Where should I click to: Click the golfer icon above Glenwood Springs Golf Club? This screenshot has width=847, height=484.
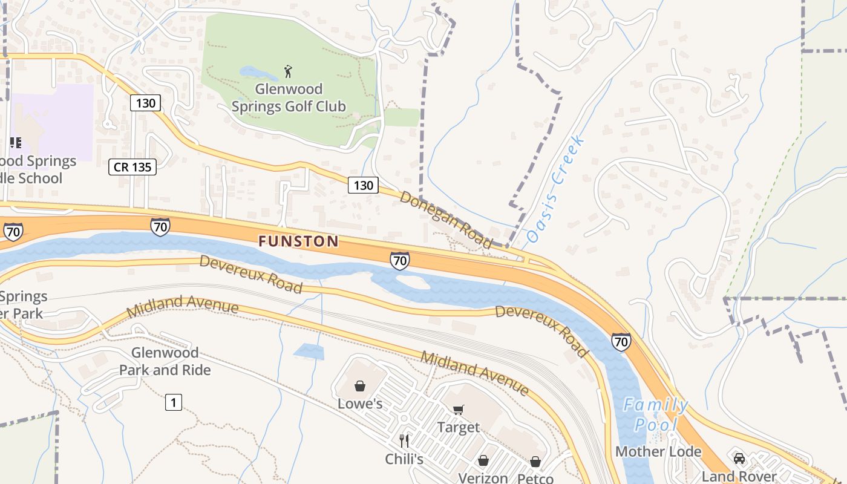288,71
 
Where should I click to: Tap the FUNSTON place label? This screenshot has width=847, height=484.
298,241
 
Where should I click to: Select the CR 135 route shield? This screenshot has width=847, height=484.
132,167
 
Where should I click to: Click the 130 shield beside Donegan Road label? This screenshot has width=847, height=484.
363,185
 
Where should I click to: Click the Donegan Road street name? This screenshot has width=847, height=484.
446,220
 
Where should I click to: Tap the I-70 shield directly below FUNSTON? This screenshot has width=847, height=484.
399,261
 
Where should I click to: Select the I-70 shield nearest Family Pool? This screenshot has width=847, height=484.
621,341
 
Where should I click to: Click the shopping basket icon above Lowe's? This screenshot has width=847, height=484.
360,386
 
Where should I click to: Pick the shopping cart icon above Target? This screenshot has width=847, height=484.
458,410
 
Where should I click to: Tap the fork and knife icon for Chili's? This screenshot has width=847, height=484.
404,441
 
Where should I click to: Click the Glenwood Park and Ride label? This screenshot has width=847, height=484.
165,361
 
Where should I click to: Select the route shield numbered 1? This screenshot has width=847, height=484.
174,402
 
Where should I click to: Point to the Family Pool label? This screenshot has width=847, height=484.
656,414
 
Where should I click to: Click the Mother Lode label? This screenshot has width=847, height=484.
658,451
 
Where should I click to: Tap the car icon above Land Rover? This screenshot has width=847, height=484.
739,458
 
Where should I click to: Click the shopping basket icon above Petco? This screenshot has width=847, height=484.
535,462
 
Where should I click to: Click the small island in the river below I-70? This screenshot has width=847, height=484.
412,282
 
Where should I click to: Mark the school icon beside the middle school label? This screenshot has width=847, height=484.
15,143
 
